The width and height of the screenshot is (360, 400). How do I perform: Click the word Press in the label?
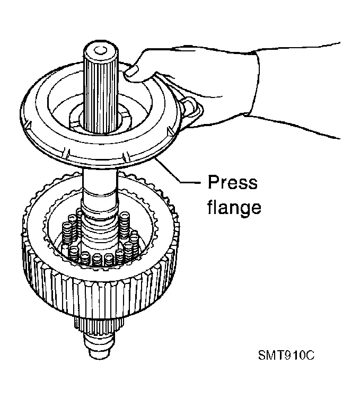[233, 182]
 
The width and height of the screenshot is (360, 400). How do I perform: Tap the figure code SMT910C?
[286, 355]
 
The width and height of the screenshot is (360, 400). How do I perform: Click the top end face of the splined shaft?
[101, 51]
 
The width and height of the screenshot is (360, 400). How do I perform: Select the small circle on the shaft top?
[100, 50]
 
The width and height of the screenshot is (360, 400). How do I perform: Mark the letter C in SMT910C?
[310, 355]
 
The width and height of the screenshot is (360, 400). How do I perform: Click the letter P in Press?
[213, 182]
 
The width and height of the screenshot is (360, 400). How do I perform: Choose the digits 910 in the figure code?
[294, 355]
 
